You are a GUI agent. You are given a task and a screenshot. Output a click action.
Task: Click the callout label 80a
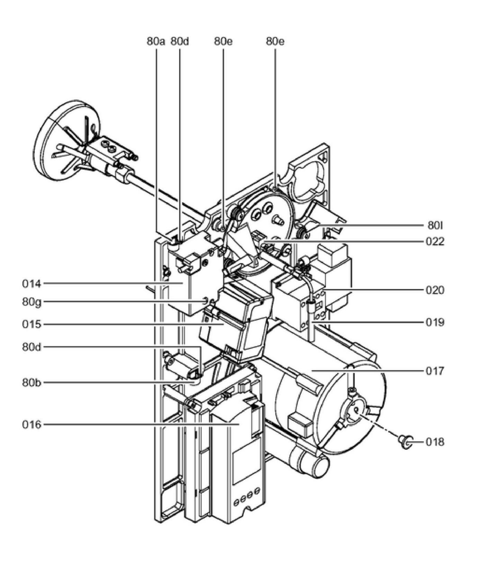(x=156, y=42)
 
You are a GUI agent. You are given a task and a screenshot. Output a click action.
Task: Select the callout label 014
(x=31, y=284)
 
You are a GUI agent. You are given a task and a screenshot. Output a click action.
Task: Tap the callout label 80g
(x=31, y=302)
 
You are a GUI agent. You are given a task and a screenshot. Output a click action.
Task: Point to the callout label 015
(x=31, y=324)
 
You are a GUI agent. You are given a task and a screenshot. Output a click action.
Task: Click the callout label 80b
(x=31, y=383)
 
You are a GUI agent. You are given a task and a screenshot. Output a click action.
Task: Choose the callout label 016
(x=31, y=424)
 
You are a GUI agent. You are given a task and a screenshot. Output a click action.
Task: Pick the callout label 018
(x=435, y=442)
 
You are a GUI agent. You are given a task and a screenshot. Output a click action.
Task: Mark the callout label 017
(x=435, y=371)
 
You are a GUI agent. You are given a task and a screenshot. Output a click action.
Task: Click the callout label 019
(x=435, y=322)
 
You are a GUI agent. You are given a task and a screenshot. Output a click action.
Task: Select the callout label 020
(x=435, y=290)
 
